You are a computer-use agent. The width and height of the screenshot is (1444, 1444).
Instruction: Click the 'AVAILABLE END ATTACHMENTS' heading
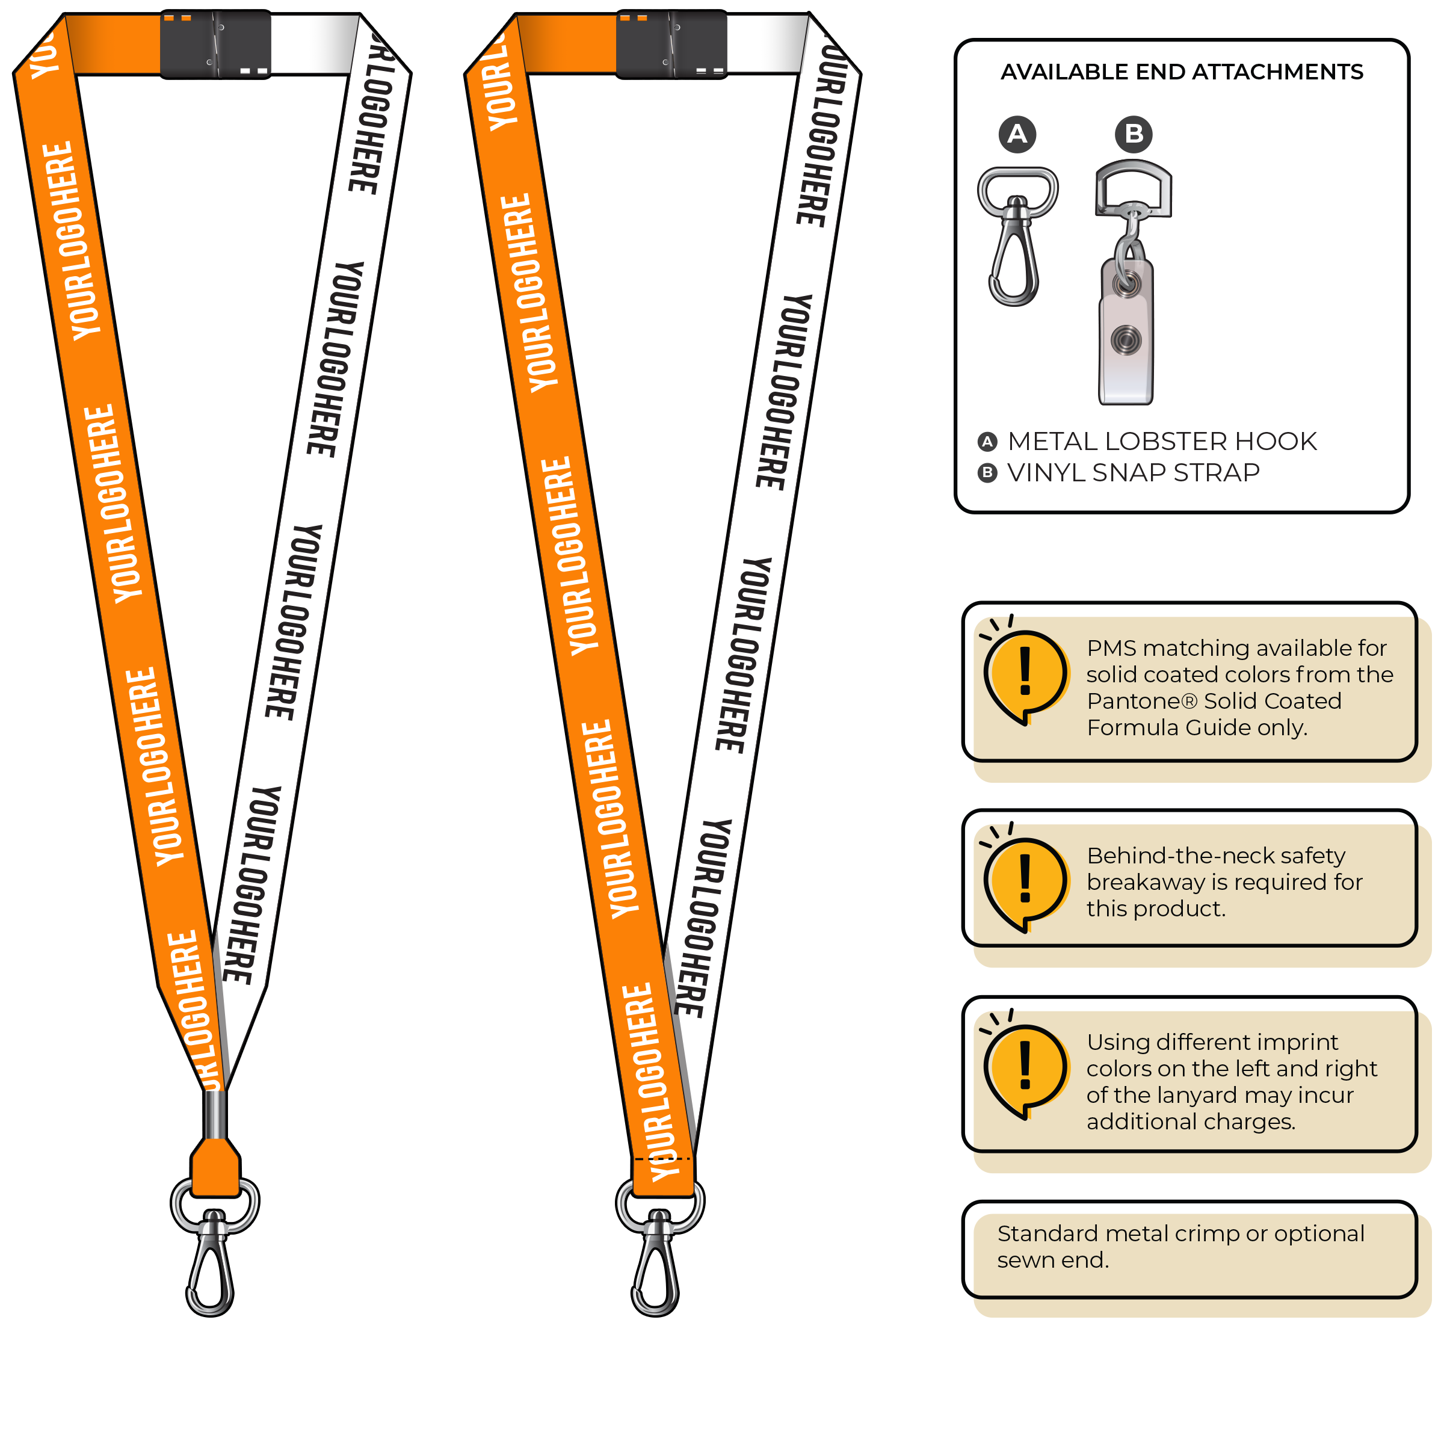(1182, 72)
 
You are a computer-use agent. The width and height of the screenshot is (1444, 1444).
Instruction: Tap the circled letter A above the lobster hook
(1017, 135)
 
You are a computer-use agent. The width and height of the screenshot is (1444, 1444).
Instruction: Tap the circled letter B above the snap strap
(1133, 135)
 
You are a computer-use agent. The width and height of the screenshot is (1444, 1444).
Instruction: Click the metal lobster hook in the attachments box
(1016, 239)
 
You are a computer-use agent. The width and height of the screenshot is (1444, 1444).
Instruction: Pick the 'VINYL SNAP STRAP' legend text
(1133, 473)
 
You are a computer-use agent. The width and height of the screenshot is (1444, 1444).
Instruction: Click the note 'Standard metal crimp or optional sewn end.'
(1181, 1247)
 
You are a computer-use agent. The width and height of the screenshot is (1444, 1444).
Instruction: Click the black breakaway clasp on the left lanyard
(215, 44)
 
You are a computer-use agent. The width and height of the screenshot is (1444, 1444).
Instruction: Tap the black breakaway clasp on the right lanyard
(671, 44)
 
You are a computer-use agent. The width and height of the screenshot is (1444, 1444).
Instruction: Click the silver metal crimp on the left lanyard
(215, 1114)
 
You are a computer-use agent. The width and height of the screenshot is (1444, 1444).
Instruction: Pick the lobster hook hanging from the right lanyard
(656, 1263)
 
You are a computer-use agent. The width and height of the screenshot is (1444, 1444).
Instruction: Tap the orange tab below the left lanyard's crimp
(215, 1167)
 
